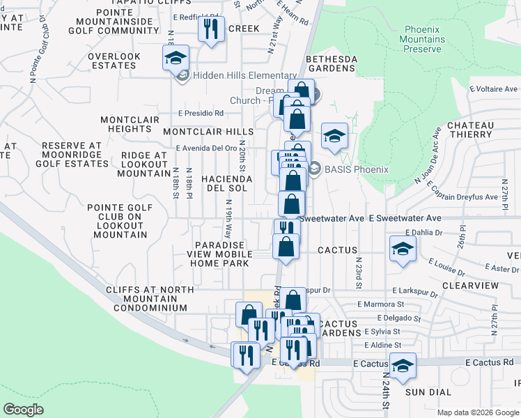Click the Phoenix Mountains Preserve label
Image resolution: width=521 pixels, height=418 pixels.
[423, 40]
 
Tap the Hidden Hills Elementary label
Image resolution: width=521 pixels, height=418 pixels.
[244, 75]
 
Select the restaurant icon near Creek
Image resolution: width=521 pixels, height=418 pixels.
[210, 30]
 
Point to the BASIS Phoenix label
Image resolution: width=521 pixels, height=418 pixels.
[351, 167]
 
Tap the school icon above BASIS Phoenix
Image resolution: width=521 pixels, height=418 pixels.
[334, 136]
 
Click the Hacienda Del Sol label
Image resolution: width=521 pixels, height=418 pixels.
[224, 183]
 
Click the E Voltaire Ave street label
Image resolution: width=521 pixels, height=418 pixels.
[493, 89]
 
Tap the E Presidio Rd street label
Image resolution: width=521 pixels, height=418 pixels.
[201, 113]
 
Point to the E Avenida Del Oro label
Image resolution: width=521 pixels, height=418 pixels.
[206, 148]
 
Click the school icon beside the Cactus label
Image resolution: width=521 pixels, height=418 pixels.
[403, 249]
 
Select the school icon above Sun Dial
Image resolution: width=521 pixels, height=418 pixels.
[403, 366]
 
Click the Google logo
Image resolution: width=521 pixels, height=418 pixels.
[24, 410]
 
